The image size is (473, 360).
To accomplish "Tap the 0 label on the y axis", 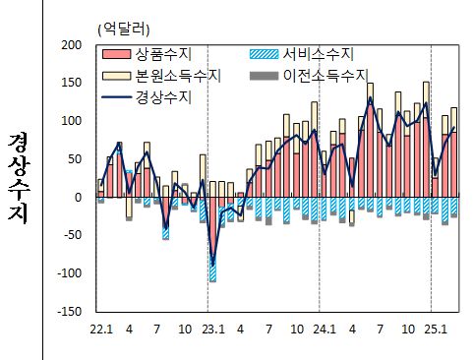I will click(x=76, y=198).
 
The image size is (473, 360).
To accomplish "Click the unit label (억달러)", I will click(x=126, y=29).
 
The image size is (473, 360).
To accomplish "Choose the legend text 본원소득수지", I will click(x=176, y=75).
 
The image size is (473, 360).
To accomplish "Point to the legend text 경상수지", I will click(x=163, y=96).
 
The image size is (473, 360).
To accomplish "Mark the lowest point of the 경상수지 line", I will click(x=212, y=266).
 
